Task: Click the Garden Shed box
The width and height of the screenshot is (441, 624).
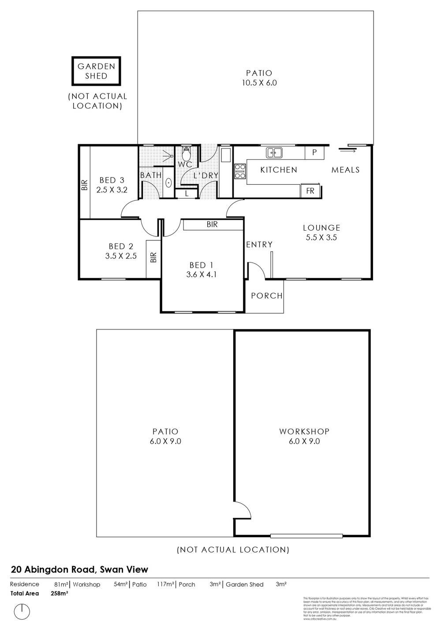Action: pyautogui.click(x=96, y=71)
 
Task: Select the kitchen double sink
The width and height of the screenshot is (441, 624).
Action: pyautogui.click(x=274, y=153)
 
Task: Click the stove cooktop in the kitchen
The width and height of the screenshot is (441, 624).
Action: pyautogui.click(x=240, y=171)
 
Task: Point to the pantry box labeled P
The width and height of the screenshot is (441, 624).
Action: pyautogui.click(x=314, y=153)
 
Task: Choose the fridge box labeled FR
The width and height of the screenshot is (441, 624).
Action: pyautogui.click(x=310, y=191)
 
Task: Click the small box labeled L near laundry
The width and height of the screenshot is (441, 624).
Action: pyautogui.click(x=187, y=193)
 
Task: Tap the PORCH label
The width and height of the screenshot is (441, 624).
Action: pyautogui.click(x=266, y=296)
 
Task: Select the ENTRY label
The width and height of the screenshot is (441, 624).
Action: pyautogui.click(x=259, y=244)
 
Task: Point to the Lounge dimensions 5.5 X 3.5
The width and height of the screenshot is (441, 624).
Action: pyautogui.click(x=321, y=237)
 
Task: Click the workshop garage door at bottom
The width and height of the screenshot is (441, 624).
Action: pyautogui.click(x=306, y=536)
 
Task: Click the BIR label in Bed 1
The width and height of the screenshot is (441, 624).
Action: pyautogui.click(x=212, y=224)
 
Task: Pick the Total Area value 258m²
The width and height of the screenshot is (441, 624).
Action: pyautogui.click(x=60, y=594)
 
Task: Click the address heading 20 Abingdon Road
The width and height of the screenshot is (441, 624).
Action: pyautogui.click(x=79, y=569)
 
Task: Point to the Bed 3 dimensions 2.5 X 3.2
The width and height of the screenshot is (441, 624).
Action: pyautogui.click(x=112, y=190)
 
